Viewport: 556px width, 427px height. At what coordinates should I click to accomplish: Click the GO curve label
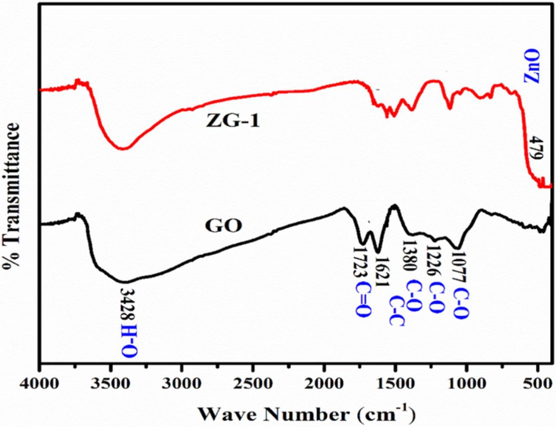[223, 226]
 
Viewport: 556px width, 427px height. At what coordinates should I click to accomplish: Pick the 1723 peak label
[360, 264]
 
